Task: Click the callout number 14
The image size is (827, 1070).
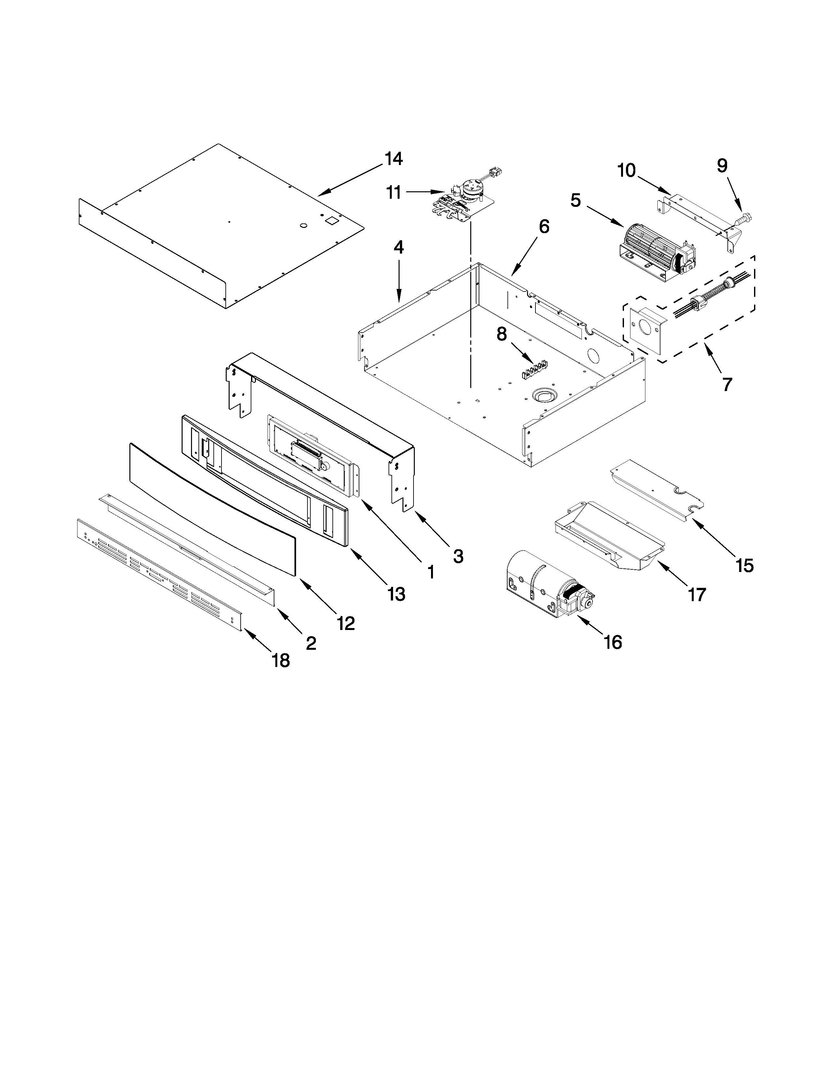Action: point(393,159)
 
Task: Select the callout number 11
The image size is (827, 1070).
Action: point(393,193)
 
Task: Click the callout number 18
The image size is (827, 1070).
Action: point(281,661)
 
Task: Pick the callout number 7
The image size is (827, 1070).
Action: point(727,384)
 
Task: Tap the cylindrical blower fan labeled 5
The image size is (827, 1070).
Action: point(652,255)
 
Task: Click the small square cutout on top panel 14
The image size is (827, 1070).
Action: point(332,220)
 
